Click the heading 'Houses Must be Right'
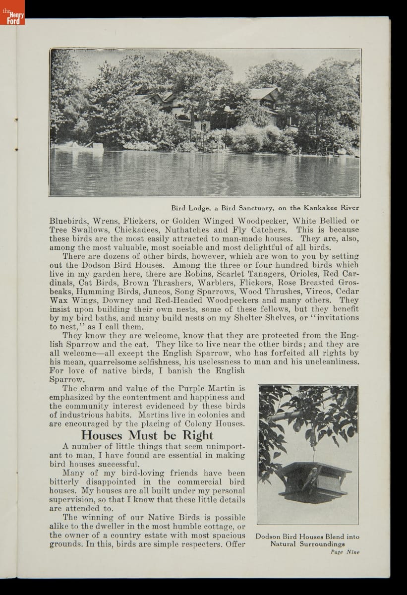(x=147, y=435)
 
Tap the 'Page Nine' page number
(x=345, y=552)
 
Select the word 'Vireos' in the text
(x=317, y=292)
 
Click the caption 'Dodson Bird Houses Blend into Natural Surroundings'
(x=307, y=540)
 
